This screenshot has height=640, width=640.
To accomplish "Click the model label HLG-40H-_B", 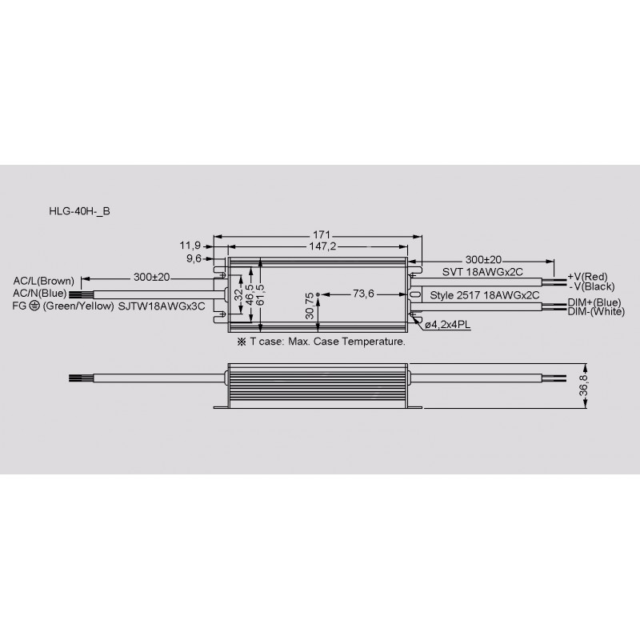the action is click(79, 211).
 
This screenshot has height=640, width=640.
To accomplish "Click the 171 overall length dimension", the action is click(322, 234).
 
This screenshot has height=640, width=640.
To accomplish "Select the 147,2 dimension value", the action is click(322, 246).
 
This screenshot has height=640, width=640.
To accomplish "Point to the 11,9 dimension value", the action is click(190, 246).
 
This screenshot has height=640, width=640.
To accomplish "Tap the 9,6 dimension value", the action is click(194, 258).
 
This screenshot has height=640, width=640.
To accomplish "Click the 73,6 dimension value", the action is click(363, 294).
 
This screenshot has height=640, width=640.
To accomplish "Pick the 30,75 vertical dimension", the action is click(310, 306).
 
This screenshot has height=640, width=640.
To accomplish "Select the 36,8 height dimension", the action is click(584, 384).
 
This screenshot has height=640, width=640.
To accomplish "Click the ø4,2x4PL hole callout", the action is click(447, 325).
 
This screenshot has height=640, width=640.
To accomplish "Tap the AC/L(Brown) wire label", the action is click(44, 281).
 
